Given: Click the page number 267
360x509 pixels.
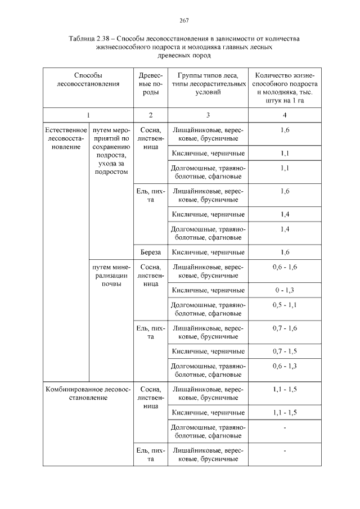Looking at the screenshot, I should [183, 21].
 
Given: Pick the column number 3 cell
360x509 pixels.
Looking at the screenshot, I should [208, 115].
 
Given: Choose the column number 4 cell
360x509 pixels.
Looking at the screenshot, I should [285, 115].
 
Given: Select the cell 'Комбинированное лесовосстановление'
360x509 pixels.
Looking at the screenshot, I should [88, 393].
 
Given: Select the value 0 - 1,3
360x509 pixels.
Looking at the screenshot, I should [285, 290].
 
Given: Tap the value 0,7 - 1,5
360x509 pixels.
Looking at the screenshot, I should [285, 351].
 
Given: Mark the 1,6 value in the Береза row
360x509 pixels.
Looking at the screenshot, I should [285, 252].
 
